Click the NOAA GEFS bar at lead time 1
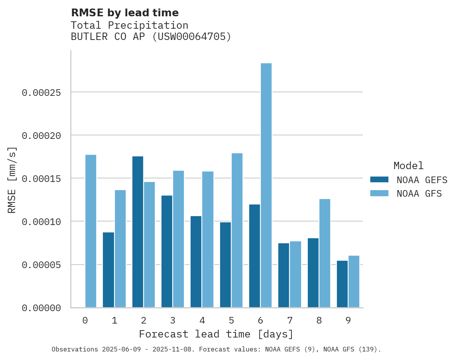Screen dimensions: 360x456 pos(108,270)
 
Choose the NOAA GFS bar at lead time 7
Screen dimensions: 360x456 pos(295,274)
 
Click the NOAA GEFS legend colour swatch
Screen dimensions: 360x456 pos(379,180)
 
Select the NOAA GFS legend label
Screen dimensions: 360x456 pos(419,194)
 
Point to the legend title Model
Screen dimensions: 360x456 pos(408,166)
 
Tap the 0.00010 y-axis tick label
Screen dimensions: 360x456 pos(42,222)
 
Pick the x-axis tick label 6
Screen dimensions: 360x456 pos(260,321)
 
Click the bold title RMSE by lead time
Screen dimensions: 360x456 pos(125,13)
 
